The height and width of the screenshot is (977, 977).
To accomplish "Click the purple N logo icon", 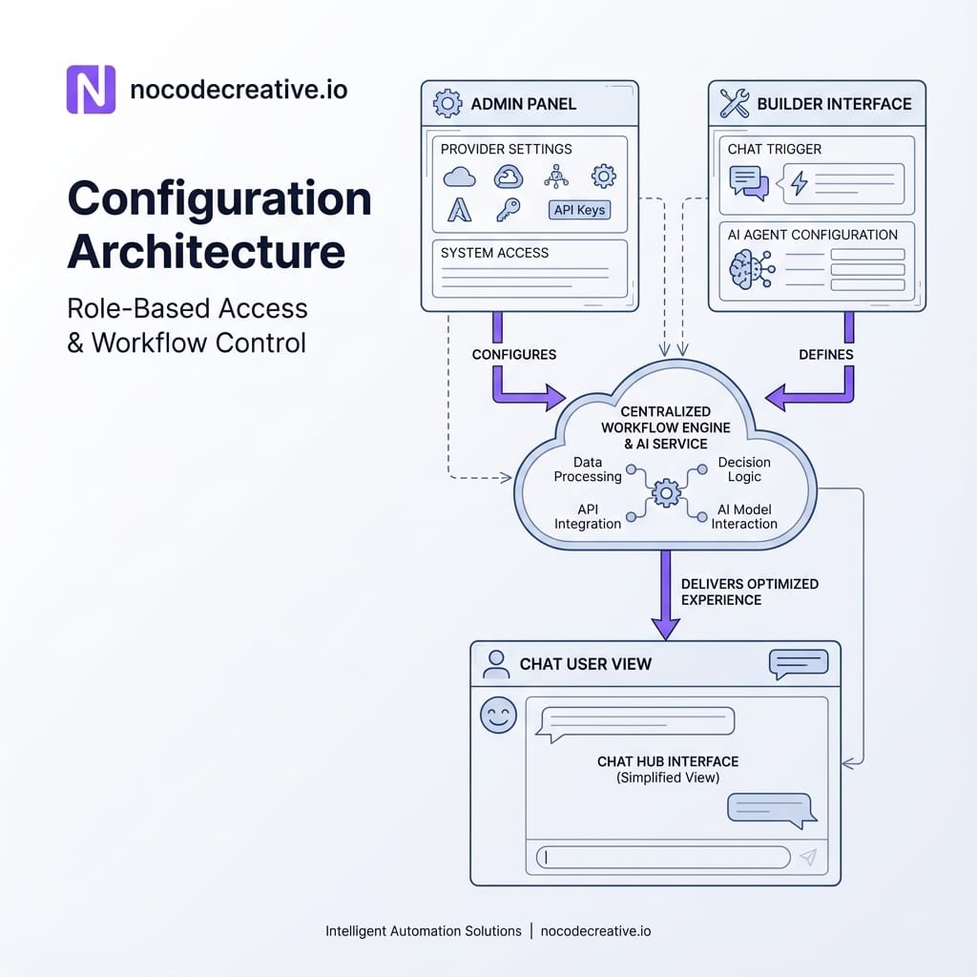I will coord(91,90).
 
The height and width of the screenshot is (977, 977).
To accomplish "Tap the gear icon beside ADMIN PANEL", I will coord(447,103).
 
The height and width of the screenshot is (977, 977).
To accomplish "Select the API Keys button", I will coord(579,210).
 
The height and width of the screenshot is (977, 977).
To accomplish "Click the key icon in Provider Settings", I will coord(508,210).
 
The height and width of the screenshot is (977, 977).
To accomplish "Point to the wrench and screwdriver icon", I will coord(735,104).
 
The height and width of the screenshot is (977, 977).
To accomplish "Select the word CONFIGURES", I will coord(514,354).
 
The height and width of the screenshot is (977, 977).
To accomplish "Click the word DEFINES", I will coord(826,354).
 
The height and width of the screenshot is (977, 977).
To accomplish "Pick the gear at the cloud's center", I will coord(665,492).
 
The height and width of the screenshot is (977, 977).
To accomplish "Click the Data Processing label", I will coord(588,469).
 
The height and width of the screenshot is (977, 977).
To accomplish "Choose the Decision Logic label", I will coord(744,469).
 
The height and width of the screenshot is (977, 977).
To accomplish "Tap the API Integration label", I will coord(587,516).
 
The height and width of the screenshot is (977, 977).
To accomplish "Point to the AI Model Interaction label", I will coord(744,516).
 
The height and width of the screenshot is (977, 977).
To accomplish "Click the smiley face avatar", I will coord(498,715).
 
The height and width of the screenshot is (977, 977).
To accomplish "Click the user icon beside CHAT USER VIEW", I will coord(496,664).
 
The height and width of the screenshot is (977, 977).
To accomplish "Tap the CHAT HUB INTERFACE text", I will coord(668,761).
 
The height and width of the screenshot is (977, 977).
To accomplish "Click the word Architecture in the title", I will coord(206,252).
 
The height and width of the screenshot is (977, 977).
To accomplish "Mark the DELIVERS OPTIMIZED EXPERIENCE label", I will coord(749,592).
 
